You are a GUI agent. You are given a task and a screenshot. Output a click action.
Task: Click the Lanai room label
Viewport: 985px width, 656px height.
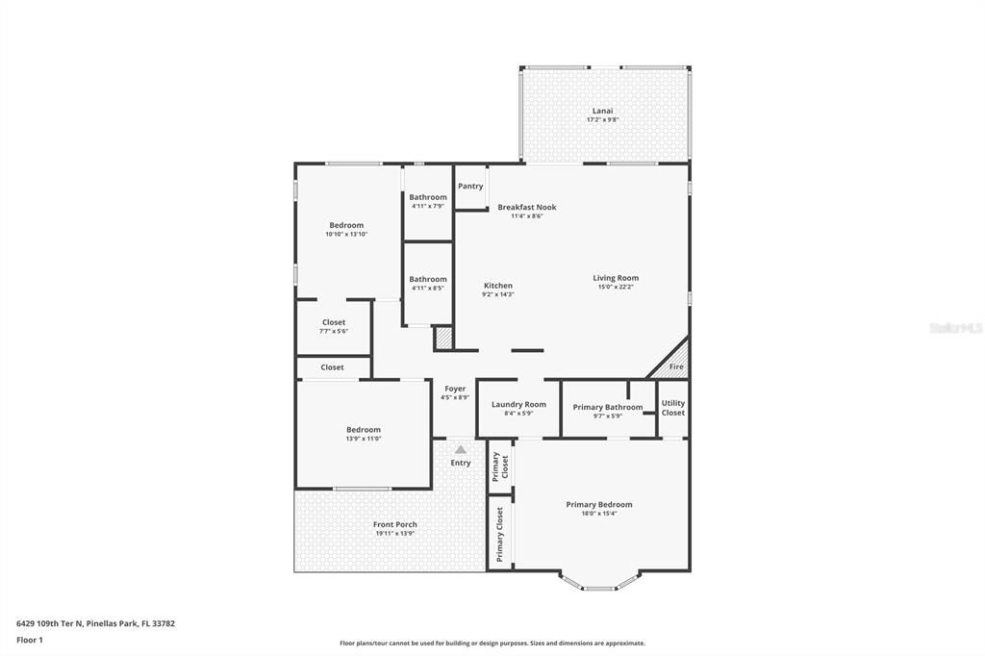(x=602, y=111)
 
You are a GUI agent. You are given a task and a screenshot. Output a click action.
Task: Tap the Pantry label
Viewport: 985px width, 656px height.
(x=470, y=186)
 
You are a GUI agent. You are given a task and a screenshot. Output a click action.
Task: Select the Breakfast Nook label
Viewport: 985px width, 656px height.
(x=526, y=207)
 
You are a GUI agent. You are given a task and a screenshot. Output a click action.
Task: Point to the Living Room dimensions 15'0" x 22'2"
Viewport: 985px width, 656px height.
(x=616, y=288)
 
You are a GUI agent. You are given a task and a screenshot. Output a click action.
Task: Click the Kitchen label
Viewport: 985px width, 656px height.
(x=497, y=285)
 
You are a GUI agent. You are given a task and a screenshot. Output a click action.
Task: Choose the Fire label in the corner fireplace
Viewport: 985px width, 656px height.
(x=676, y=367)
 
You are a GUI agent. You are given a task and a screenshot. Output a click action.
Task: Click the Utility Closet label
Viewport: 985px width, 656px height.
(x=673, y=408)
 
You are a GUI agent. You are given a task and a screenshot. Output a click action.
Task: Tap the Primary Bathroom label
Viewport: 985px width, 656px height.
(x=608, y=407)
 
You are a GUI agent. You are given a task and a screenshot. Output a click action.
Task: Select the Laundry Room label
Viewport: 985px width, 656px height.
(x=518, y=404)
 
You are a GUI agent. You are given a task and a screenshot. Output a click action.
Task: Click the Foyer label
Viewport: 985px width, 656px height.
(x=455, y=389)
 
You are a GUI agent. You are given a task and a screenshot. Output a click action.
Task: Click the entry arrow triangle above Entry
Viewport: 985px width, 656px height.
(x=461, y=449)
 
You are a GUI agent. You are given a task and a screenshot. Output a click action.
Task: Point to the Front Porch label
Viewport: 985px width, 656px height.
(x=394, y=524)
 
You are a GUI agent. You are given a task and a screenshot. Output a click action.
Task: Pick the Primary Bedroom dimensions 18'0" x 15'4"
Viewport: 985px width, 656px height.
(x=599, y=514)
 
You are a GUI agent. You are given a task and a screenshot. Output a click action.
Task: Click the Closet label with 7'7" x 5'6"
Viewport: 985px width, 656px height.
(x=333, y=322)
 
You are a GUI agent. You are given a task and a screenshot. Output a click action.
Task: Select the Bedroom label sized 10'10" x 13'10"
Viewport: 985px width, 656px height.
(x=346, y=225)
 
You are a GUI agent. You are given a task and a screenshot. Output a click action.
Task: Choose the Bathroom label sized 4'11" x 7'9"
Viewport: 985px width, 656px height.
(x=428, y=197)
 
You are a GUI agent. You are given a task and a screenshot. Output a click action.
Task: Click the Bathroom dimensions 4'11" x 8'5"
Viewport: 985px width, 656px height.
(x=428, y=288)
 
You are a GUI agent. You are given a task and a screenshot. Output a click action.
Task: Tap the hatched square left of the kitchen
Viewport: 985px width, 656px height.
(x=443, y=339)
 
